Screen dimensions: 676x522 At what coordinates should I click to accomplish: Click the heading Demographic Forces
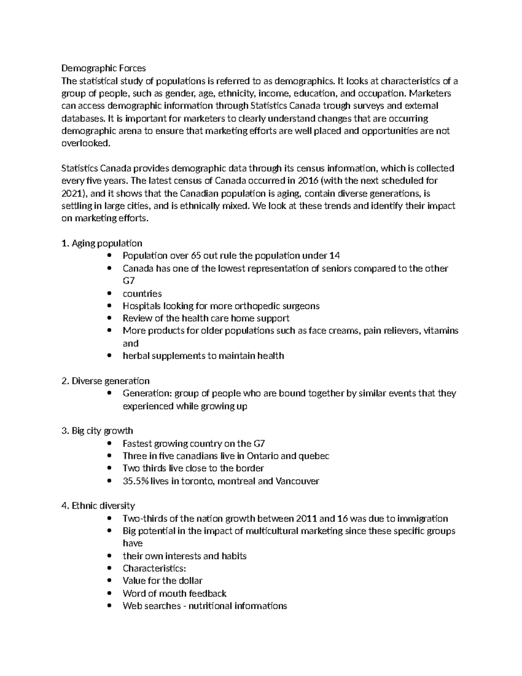click(x=104, y=68)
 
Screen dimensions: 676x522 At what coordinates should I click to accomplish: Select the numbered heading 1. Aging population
click(x=102, y=243)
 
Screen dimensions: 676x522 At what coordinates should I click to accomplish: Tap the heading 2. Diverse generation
click(x=105, y=381)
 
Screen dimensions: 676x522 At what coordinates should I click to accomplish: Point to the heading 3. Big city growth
click(x=97, y=430)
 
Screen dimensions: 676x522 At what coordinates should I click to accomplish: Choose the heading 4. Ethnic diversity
click(x=98, y=505)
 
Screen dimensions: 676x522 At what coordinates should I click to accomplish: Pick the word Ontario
click(x=262, y=456)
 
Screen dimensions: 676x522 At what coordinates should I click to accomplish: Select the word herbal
click(x=135, y=356)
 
